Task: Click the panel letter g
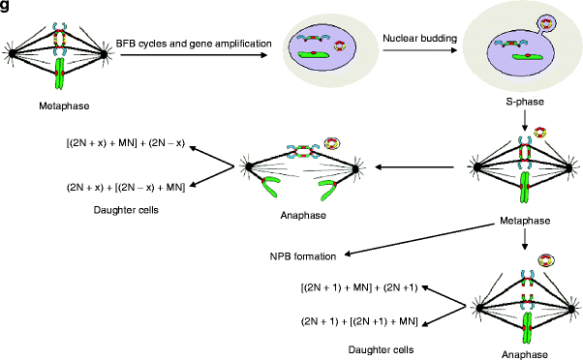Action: [x=6, y=7]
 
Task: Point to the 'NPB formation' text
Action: [x=302, y=256]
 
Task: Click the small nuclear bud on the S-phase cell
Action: [x=552, y=19]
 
